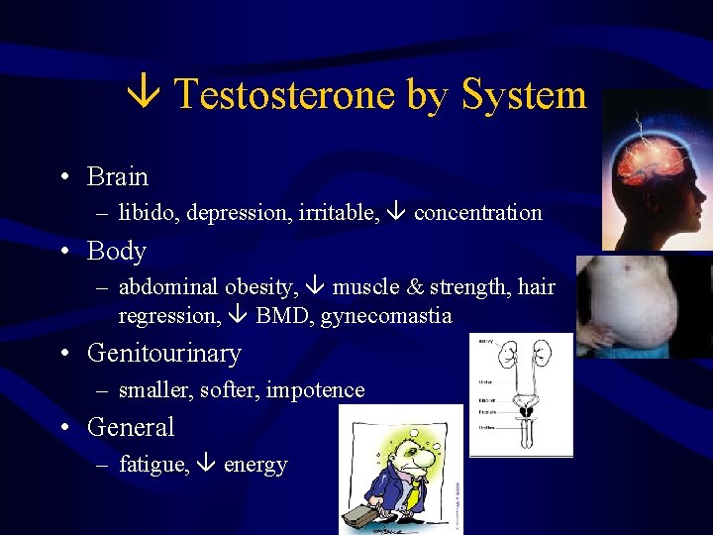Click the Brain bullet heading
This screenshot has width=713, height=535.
(x=117, y=177)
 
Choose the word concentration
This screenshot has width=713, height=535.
(x=477, y=213)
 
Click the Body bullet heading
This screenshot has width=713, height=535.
(x=116, y=252)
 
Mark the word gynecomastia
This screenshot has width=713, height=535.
(x=386, y=317)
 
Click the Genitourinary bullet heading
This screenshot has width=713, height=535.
(x=163, y=354)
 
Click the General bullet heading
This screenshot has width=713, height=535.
(x=130, y=428)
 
